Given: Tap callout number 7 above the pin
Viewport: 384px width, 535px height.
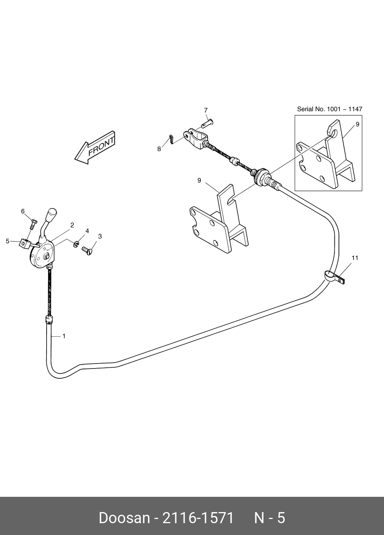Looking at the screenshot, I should pyautogui.click(x=206, y=110).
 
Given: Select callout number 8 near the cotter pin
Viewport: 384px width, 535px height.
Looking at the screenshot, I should pyautogui.click(x=159, y=149).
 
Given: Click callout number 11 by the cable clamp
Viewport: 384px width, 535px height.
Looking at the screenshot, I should pyautogui.click(x=355, y=258).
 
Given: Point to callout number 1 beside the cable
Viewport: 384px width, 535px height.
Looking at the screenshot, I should pyautogui.click(x=64, y=336).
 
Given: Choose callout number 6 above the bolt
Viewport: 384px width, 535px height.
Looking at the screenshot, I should pyautogui.click(x=23, y=211).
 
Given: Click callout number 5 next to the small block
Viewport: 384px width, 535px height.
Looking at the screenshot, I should pyautogui.click(x=7, y=241).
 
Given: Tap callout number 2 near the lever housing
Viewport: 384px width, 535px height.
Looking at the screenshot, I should pyautogui.click(x=72, y=225).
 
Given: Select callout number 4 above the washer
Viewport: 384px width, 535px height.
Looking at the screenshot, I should pyautogui.click(x=87, y=231).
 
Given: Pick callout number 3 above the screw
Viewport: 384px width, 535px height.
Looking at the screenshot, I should pyautogui.click(x=100, y=236).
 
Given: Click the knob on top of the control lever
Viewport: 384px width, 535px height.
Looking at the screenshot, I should pyautogui.click(x=52, y=213).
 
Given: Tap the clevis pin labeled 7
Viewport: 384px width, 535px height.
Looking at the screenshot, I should pyautogui.click(x=208, y=123).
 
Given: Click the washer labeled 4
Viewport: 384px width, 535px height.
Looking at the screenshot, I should pyautogui.click(x=76, y=244).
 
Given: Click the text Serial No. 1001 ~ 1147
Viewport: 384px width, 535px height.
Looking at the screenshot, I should pyautogui.click(x=329, y=109).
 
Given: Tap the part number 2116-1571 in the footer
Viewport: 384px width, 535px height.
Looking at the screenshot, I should pyautogui.click(x=198, y=518).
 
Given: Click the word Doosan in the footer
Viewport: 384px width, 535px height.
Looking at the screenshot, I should pyautogui.click(x=124, y=518).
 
